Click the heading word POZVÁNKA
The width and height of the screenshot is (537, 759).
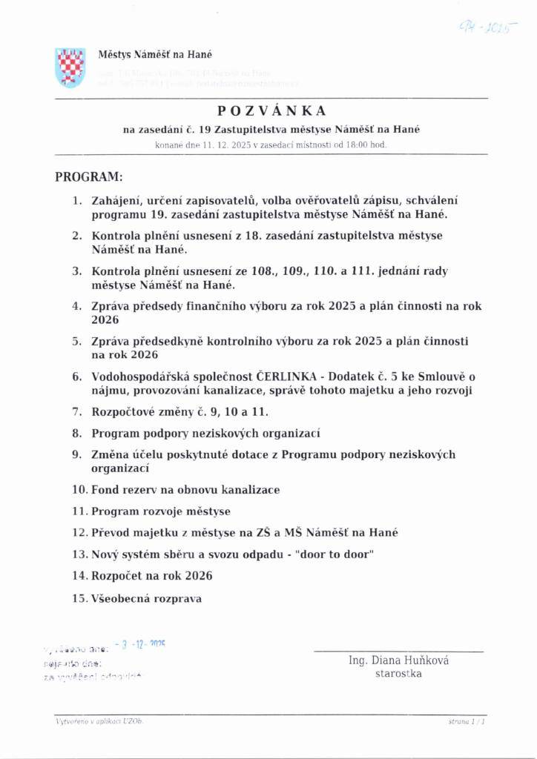point(272,111)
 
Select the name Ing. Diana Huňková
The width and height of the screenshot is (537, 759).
point(398,660)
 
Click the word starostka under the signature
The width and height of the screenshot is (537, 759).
point(398,674)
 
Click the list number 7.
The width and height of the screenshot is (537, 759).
point(76,411)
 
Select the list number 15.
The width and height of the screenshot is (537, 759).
point(80,598)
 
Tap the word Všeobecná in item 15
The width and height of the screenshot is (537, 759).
point(119,598)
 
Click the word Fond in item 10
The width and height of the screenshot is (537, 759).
point(105,490)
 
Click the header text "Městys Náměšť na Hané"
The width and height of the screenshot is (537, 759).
point(156,54)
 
